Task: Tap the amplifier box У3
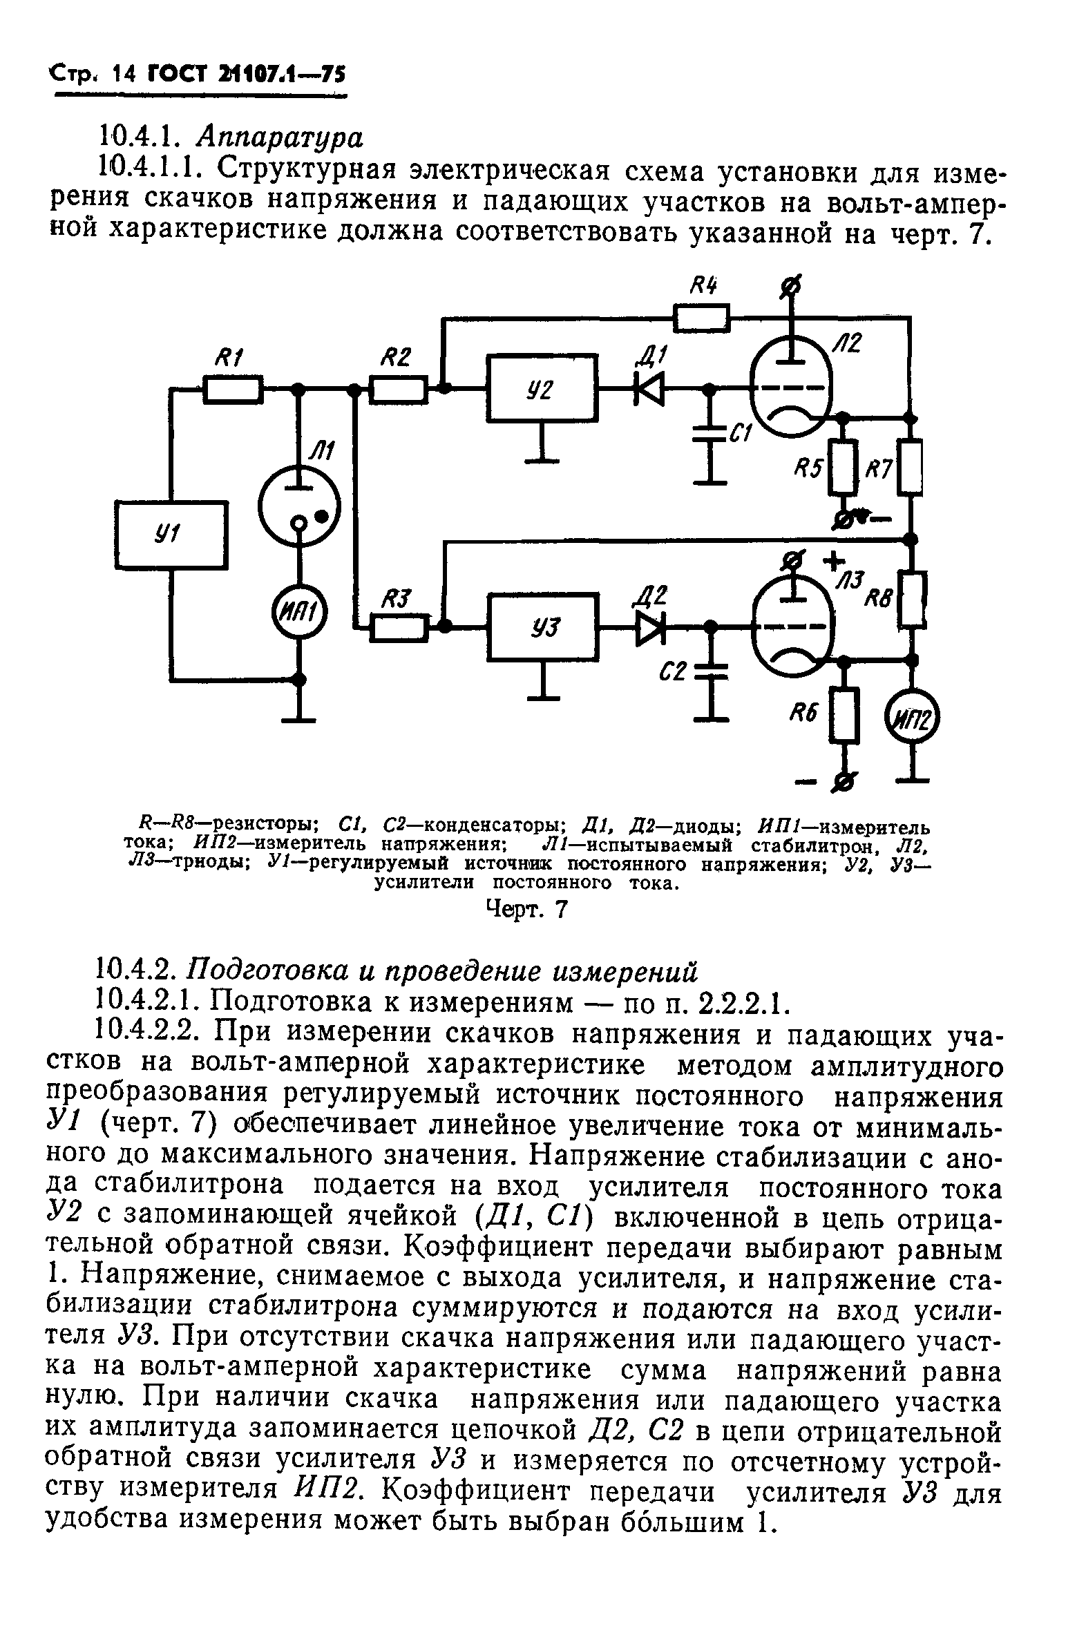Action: click(x=542, y=627)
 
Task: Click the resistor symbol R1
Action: click(x=233, y=388)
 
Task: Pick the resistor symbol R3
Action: click(x=398, y=627)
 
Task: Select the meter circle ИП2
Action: click(x=913, y=723)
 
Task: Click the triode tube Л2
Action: click(x=794, y=388)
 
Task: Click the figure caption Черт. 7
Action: click(x=527, y=908)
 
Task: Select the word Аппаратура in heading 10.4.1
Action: click(x=279, y=139)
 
